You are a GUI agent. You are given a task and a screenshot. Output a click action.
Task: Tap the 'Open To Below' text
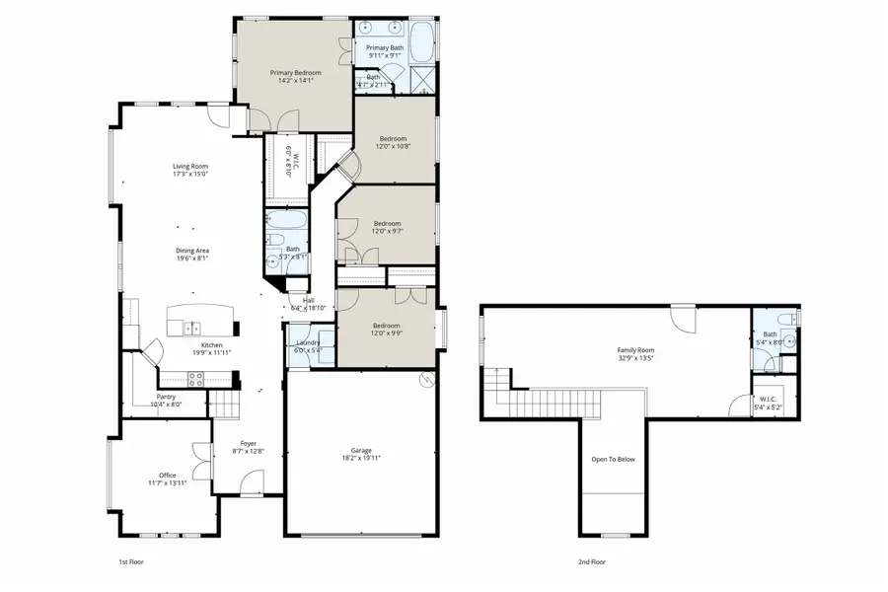pyautogui.click(x=613, y=459)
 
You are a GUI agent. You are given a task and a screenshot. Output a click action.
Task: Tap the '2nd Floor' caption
pyautogui.click(x=592, y=561)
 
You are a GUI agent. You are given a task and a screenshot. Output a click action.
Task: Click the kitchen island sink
pyautogui.click(x=191, y=327)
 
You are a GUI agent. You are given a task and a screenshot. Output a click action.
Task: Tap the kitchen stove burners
pyautogui.click(x=194, y=376)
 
